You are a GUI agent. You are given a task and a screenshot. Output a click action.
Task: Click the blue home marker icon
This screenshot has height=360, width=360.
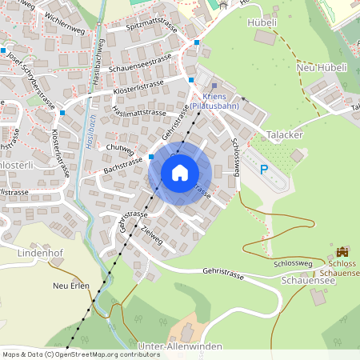(x=179, y=172)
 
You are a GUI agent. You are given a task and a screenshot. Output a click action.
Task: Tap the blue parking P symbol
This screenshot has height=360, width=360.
(x=264, y=170)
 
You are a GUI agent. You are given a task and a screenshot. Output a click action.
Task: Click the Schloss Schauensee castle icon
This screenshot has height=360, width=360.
(x=343, y=251)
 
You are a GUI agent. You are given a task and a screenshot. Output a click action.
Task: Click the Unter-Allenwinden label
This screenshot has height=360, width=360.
(x=179, y=345)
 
